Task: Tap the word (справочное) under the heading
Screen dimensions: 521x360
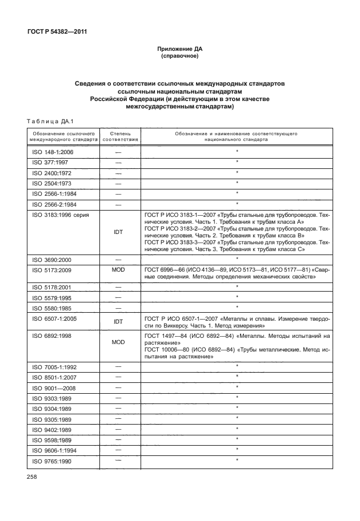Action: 180,58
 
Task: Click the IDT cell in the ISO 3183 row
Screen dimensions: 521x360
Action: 118,232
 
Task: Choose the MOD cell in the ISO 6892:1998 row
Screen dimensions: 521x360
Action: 118,343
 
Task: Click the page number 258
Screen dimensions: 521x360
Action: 31,475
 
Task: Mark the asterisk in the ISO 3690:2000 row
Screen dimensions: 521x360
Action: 237,258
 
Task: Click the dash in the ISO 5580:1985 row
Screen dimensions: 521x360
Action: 118,308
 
